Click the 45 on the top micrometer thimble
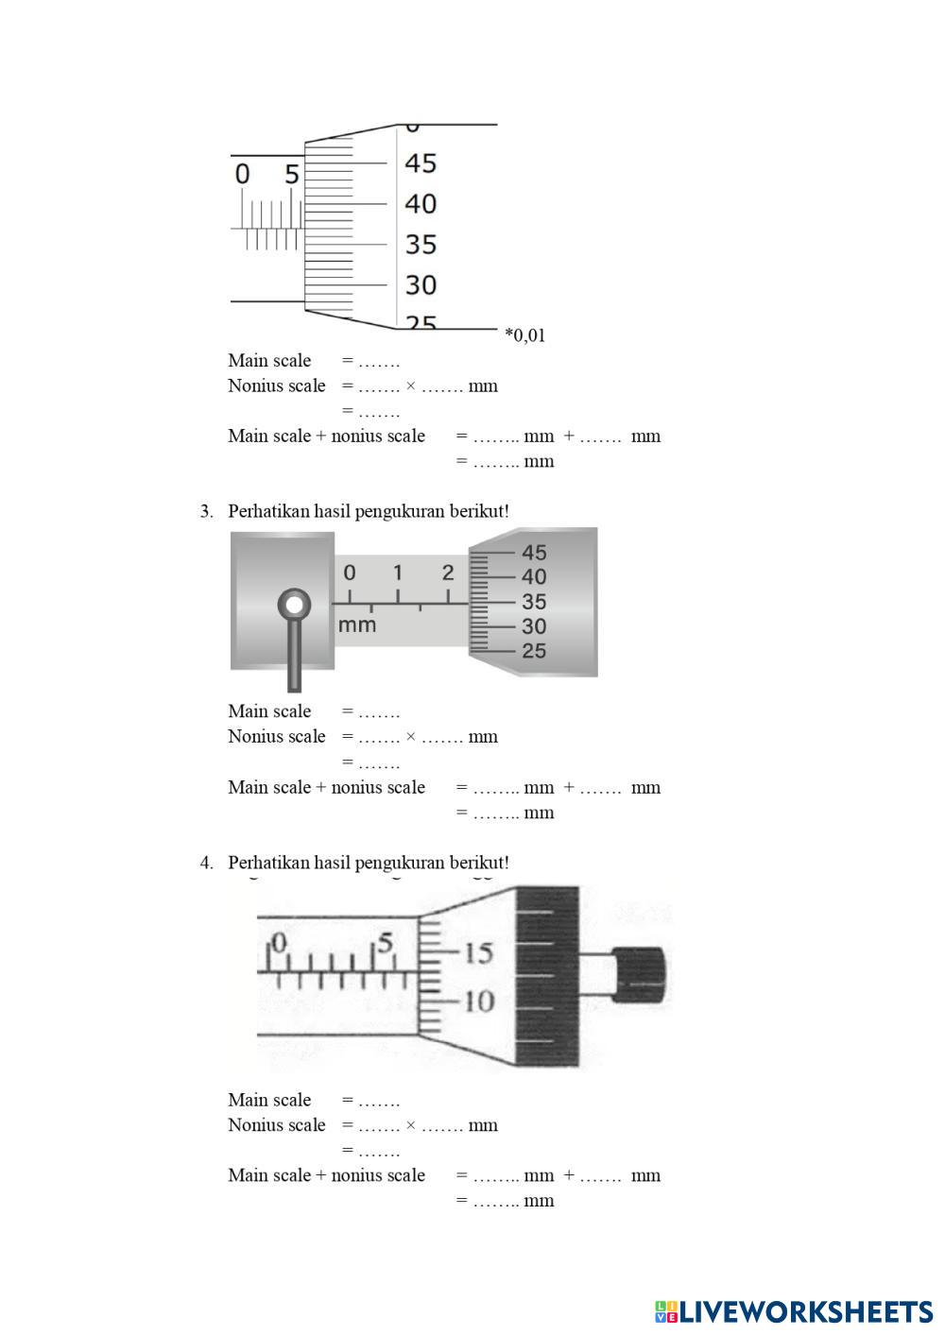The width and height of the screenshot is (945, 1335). [421, 163]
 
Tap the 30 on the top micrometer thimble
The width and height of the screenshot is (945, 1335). [421, 284]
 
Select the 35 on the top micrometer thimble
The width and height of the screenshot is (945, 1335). [421, 245]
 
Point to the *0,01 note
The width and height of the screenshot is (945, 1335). [524, 335]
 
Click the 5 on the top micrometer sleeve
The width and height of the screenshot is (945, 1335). [291, 175]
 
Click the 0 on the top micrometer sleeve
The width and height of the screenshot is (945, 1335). [243, 175]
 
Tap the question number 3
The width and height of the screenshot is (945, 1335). [206, 511]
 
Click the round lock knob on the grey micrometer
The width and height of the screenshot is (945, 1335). [295, 605]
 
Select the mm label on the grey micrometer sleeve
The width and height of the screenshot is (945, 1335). [357, 625]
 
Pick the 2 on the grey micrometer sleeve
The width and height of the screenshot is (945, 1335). [447, 573]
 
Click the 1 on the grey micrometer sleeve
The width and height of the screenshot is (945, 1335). [398, 573]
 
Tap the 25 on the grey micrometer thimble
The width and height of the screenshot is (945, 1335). [534, 651]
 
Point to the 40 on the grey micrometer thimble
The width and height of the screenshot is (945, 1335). [534, 576]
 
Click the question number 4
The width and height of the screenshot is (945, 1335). [206, 863]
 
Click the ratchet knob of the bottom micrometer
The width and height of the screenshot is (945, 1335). [640, 975]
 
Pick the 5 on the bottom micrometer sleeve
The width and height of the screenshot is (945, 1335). [384, 943]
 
